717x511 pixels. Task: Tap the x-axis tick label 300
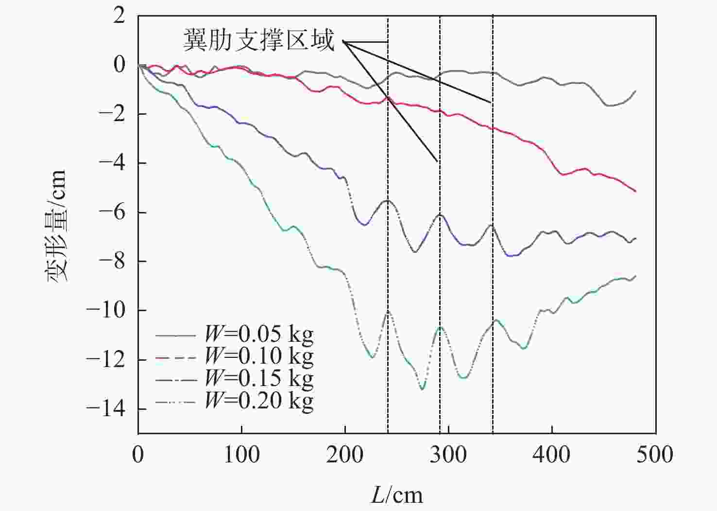448,455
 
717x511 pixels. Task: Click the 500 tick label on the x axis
655,455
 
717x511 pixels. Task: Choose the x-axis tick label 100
241,455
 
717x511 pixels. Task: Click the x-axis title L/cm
397,495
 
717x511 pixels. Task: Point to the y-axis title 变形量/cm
56,226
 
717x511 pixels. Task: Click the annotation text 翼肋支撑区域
259,40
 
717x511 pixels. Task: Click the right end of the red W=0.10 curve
635,191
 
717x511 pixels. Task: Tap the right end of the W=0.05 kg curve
635,91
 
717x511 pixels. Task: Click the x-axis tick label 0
138,455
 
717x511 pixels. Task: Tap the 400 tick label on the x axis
552,455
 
